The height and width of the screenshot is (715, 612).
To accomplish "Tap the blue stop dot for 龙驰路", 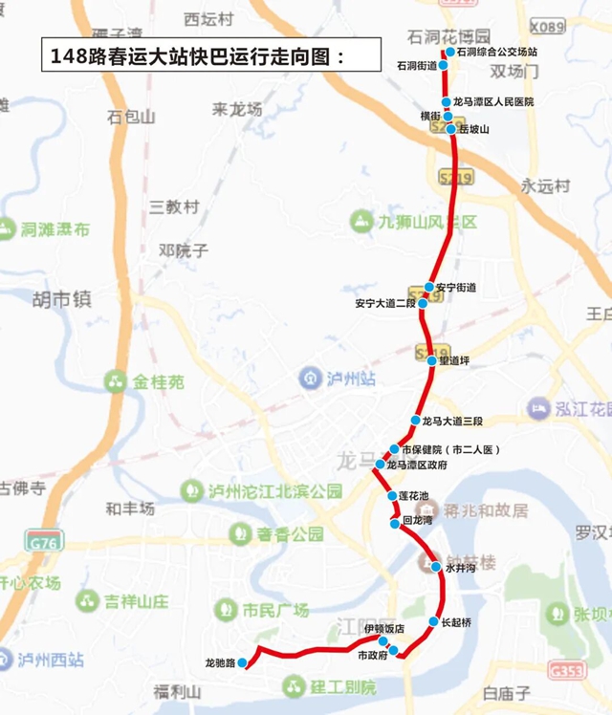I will coord(243,661).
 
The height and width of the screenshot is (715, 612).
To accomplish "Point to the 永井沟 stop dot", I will coord(436,567).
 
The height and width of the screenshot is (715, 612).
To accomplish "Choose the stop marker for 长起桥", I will coord(432,621).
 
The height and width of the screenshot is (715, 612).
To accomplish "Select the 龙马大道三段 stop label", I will coord(452,421).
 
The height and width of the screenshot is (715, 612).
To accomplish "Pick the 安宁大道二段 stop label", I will coord(384,303).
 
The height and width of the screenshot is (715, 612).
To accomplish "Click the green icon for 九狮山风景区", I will coord(361,222).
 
